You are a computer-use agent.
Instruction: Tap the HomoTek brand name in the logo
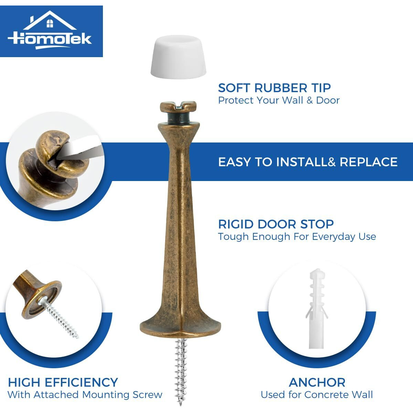pyautogui.click(x=50, y=38)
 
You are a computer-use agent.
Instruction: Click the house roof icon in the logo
pyautogui.click(x=51, y=21)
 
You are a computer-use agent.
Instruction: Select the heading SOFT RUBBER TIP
pyautogui.click(x=274, y=88)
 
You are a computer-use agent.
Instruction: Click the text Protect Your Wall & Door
pyautogui.click(x=279, y=100)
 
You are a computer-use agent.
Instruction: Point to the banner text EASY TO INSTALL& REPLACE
pyautogui.click(x=308, y=162)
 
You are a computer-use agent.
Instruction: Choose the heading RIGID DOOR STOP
pyautogui.click(x=276, y=224)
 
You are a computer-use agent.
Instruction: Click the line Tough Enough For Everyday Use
pyautogui.click(x=297, y=237)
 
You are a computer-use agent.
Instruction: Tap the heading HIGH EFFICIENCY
pyautogui.click(x=63, y=382)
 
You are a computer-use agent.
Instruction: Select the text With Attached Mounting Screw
pyautogui.click(x=85, y=395)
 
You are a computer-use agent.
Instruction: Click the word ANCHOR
pyautogui.click(x=317, y=382)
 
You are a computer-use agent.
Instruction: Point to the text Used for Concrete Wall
pyautogui.click(x=317, y=395)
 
